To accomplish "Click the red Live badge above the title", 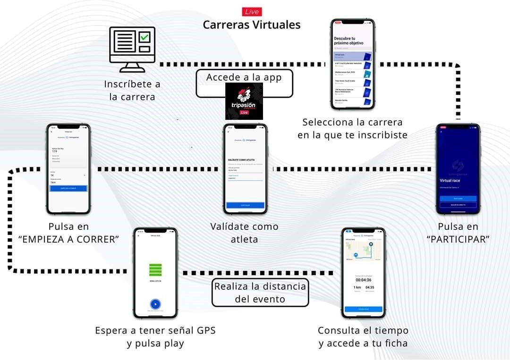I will point(251,12).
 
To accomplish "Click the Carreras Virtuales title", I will point(251,25).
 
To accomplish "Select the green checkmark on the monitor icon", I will point(144,36).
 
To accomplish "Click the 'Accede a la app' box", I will point(244,78).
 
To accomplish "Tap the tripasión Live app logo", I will point(244,101).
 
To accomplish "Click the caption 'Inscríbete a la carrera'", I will point(132,91).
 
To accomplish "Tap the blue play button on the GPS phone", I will point(155,304).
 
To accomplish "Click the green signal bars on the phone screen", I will point(155,270).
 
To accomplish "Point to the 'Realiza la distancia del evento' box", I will point(260,293).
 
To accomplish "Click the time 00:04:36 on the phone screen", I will point(363,280).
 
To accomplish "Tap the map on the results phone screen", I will point(363,251).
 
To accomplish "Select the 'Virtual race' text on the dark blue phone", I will point(450,181).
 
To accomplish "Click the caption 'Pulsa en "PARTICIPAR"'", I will point(458,233).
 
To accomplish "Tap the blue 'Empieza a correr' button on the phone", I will point(68,188).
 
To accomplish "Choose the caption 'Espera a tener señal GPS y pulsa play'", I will point(155,337).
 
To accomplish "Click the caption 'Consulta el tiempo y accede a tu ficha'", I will point(363,337).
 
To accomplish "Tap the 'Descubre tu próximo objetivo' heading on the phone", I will point(348,40).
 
